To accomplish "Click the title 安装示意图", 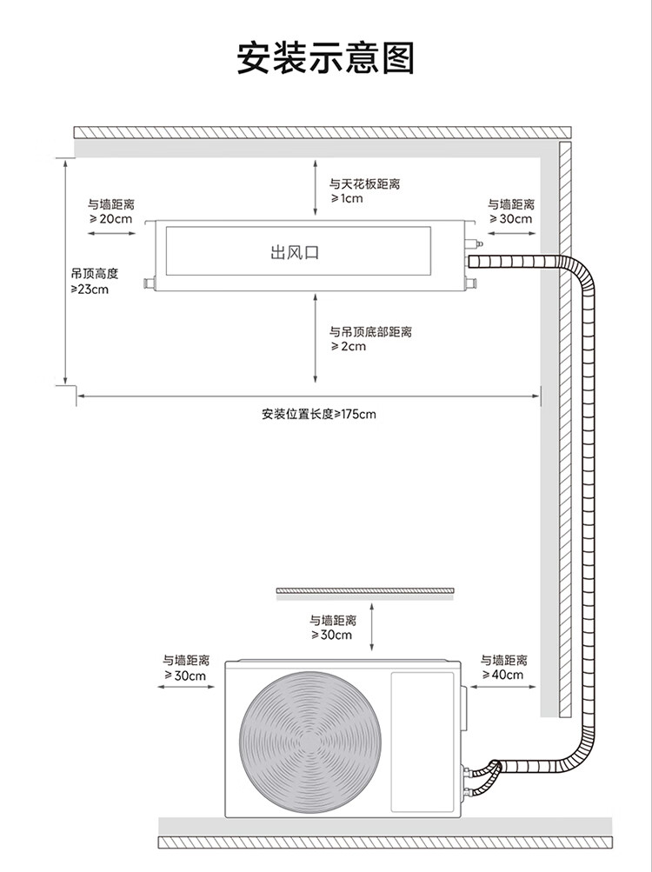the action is point(325,58).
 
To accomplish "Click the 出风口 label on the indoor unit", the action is point(295,252).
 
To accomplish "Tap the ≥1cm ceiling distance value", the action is point(347,198).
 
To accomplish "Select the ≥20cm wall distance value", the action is point(110,218).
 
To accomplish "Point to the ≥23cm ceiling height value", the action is point(90,290).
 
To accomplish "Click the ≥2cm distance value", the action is point(349,347).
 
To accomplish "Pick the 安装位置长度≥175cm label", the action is point(319,415).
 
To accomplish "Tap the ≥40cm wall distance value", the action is point(502,676).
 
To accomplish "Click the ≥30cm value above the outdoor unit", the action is point(331,636).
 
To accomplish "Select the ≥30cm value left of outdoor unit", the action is point(185,676).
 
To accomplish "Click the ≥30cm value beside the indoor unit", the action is point(510,219).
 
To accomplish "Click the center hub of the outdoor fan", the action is point(310,742).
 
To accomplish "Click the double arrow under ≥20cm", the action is point(111,234).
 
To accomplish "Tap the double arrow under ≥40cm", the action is point(502,687).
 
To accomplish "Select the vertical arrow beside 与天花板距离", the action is point(315,188).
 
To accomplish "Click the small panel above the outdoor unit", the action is point(365,593).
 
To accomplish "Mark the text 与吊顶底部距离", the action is point(370,332).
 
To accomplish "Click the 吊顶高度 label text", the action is point(95,274).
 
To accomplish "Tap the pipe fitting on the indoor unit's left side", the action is point(149,283).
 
